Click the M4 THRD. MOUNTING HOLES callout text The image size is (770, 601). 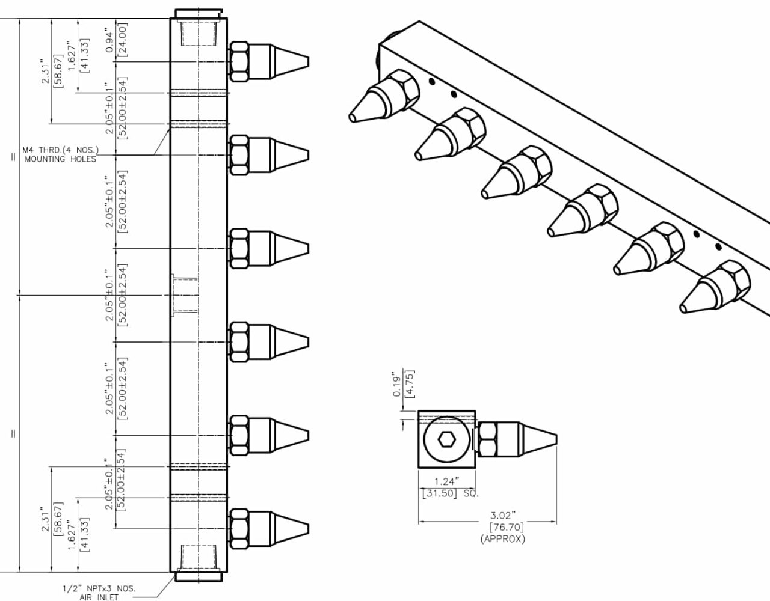[x=60, y=154]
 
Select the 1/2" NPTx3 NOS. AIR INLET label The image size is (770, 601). [x=99, y=593]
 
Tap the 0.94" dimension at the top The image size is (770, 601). [x=109, y=40]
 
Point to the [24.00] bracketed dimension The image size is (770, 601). [x=122, y=40]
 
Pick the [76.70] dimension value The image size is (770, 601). [x=502, y=527]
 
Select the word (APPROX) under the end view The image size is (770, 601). [x=502, y=538]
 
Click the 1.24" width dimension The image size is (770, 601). [x=446, y=481]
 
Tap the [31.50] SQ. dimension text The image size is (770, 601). [x=449, y=493]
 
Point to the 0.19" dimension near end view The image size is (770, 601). [x=397, y=385]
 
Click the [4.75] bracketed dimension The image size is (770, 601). [x=410, y=383]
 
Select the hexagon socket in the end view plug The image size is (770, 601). [x=446, y=440]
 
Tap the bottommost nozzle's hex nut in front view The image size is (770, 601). [x=239, y=528]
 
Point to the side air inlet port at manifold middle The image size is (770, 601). [x=182, y=295]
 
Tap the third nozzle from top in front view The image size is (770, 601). [x=269, y=248]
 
